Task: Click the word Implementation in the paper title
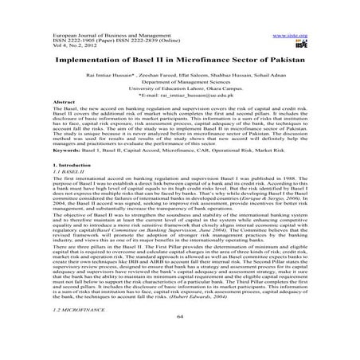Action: click(90, 63)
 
